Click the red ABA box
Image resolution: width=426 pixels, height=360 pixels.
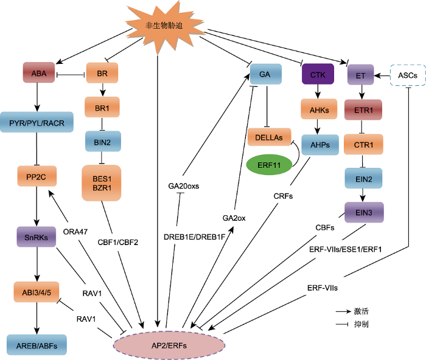click(x=39, y=72)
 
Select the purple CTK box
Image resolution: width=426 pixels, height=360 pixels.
click(x=318, y=74)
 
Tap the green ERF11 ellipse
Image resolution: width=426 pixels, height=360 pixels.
click(x=269, y=165)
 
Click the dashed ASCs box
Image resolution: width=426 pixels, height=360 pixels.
click(x=408, y=75)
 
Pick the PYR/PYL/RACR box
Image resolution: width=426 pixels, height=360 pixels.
click(x=37, y=122)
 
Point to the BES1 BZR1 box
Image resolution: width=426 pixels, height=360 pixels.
click(x=102, y=183)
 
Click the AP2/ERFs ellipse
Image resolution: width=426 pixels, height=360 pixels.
click(x=169, y=345)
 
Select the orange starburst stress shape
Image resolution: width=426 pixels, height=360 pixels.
click(x=164, y=26)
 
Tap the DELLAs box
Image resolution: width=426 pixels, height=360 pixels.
click(x=269, y=137)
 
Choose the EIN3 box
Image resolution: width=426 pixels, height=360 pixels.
click(x=364, y=212)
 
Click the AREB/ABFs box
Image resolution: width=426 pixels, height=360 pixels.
click(x=37, y=345)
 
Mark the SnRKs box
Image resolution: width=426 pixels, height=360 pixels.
click(x=37, y=237)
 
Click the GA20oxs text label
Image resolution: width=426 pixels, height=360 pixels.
click(x=184, y=186)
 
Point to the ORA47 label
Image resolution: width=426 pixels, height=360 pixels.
click(x=75, y=232)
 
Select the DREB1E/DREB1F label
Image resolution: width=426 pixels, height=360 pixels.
click(x=195, y=237)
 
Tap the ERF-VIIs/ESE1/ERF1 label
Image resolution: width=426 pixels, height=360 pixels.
click(x=345, y=249)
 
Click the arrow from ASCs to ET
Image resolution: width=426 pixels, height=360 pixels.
click(x=382, y=76)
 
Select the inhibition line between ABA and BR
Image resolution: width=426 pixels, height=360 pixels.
click(x=71, y=74)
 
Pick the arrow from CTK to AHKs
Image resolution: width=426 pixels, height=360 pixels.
click(x=318, y=91)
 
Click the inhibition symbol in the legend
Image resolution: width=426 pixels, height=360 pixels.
click(x=342, y=324)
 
